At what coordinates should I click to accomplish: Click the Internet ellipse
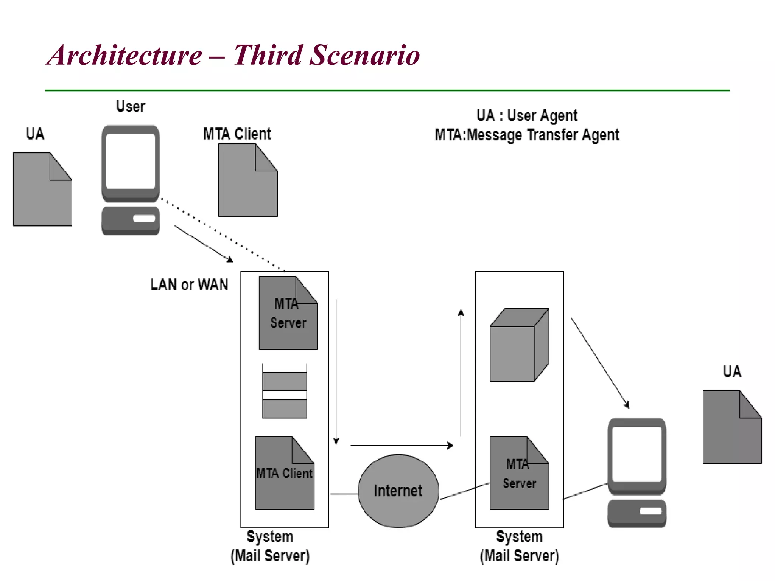(398, 491)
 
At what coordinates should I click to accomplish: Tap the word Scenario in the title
(364, 55)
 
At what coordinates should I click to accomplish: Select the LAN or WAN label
(189, 285)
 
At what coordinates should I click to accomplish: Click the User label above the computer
(131, 107)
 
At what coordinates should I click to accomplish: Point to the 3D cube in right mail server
(518, 345)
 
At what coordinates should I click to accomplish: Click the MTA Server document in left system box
(288, 313)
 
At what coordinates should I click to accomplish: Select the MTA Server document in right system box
(519, 473)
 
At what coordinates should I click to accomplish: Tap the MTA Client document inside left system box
(285, 473)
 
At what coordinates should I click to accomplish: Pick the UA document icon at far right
(732, 427)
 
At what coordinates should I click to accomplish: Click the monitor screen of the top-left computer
(131, 161)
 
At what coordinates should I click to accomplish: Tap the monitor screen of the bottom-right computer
(637, 454)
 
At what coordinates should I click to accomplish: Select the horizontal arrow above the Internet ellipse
(401, 445)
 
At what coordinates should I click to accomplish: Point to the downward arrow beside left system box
(336, 371)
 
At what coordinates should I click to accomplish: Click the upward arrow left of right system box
(461, 373)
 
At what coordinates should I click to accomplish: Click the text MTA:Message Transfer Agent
(526, 135)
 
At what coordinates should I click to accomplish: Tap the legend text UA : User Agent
(526, 116)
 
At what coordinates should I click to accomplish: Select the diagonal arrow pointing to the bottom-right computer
(600, 362)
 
